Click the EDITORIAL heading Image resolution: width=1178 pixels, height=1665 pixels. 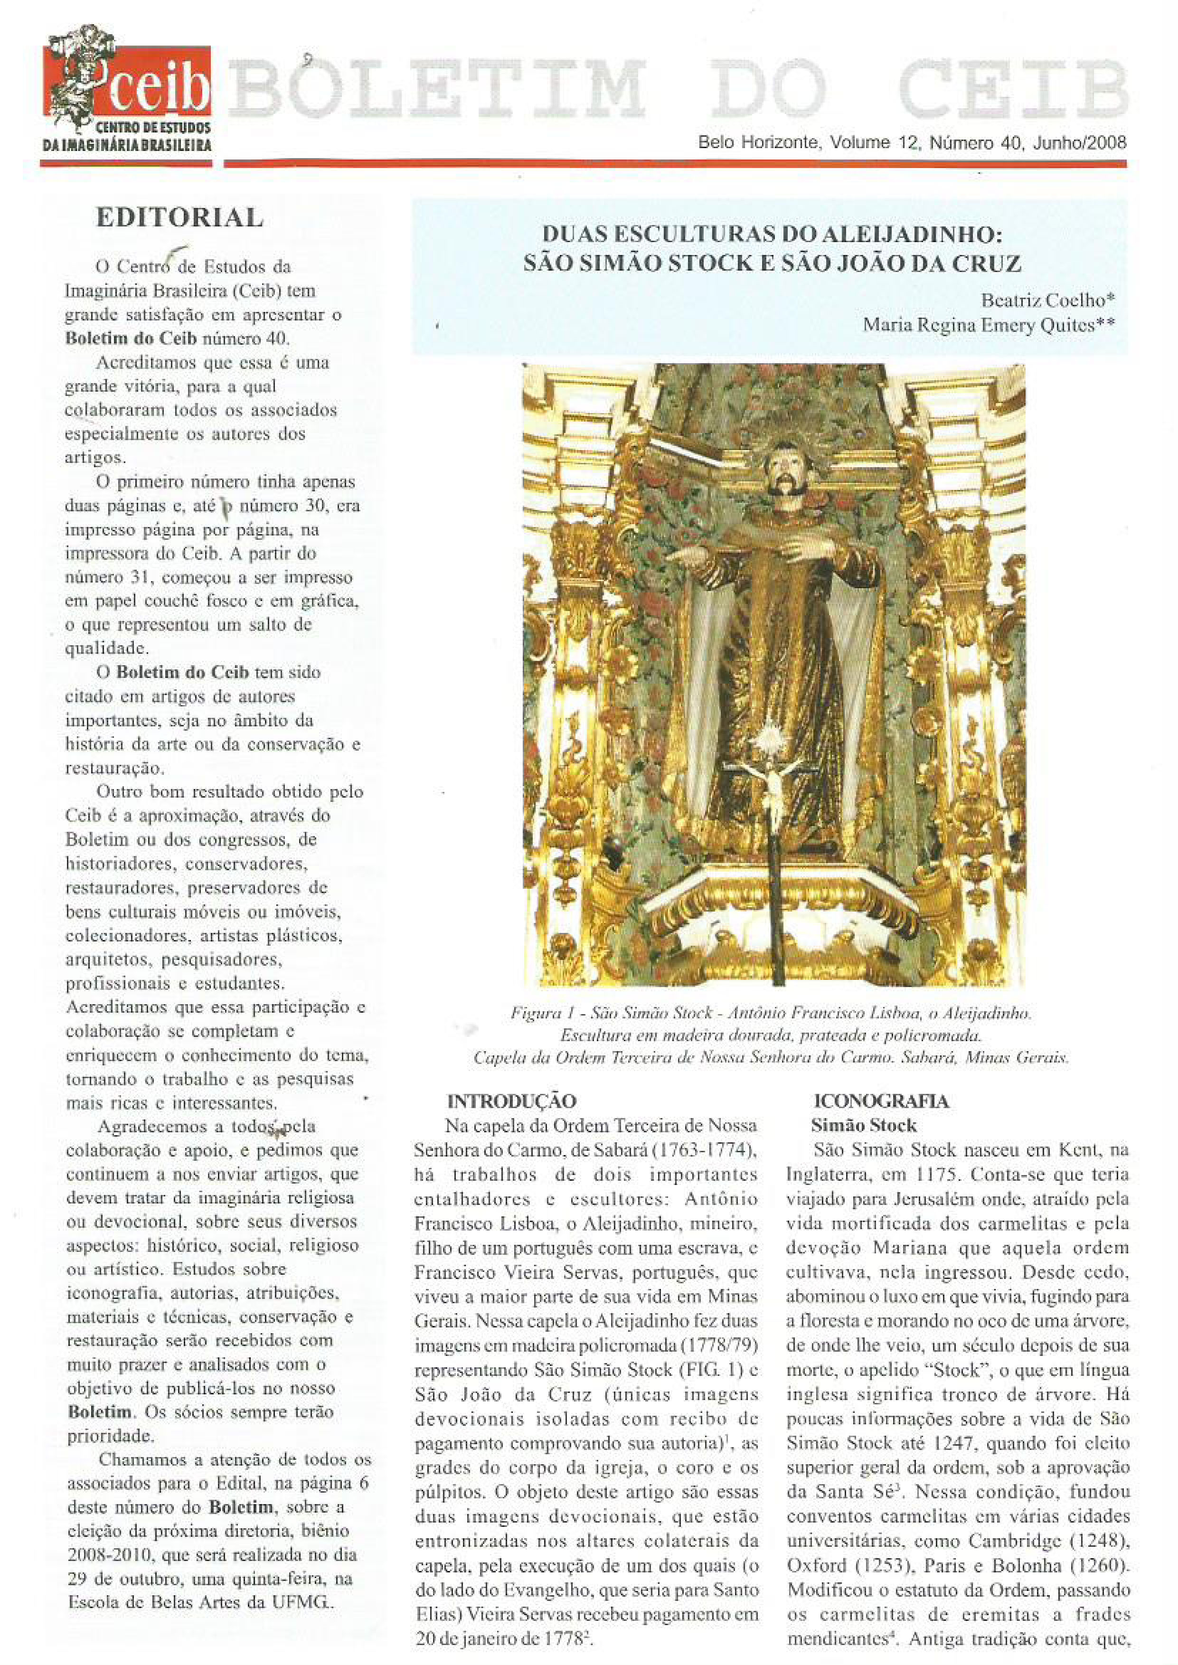(x=179, y=217)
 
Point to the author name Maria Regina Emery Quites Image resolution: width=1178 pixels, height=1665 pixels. (x=988, y=325)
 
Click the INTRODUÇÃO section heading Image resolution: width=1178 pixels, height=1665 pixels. (x=511, y=1101)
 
